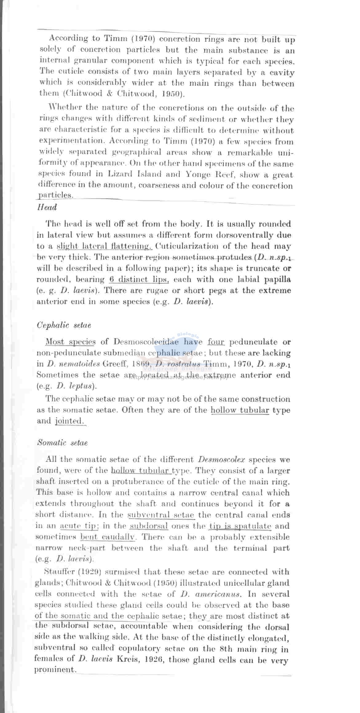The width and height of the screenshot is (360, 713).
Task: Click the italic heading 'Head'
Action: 47,208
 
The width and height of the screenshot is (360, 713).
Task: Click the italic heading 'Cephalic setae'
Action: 64,325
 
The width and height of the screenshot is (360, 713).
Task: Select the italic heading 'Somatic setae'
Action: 62,443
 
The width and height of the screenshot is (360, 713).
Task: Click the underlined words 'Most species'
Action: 70,342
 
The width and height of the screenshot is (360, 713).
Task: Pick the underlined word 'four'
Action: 216,342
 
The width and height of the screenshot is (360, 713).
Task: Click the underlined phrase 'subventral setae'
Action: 161,515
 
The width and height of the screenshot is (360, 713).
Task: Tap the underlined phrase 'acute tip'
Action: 79,526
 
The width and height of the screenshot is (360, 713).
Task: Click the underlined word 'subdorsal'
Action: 149,526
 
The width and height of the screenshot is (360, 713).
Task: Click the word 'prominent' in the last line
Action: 54,669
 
